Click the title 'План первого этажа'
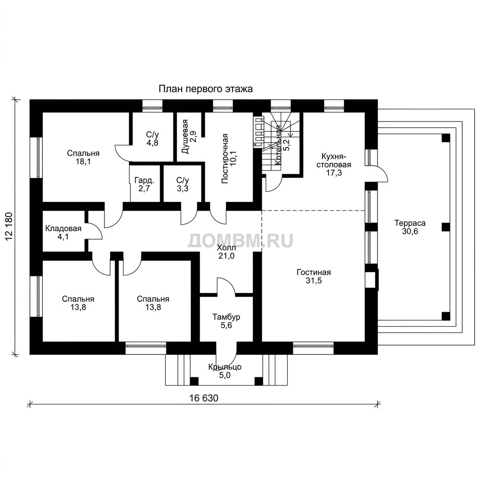205,89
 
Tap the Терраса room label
410,227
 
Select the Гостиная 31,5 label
313,276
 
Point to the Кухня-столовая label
334,164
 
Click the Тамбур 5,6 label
226,321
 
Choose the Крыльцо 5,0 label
225,371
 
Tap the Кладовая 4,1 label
64,233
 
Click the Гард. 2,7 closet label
144,184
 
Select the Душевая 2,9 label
189,137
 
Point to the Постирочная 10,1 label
229,159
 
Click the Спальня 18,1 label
83,157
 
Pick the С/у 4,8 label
152,139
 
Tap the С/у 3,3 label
183,184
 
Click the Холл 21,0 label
226,251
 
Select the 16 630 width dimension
204,398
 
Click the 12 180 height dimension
9,226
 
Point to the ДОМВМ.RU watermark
241,241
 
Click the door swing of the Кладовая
95,231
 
